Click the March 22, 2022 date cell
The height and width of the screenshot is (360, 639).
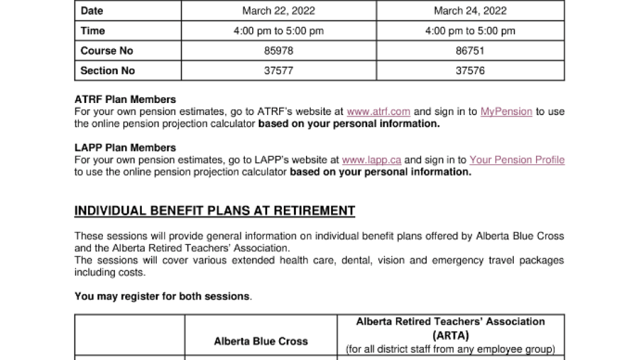[x=278, y=11]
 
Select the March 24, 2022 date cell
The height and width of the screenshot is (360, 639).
[x=470, y=11]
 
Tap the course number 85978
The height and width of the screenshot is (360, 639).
[x=278, y=50]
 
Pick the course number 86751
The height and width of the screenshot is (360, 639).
[x=470, y=50]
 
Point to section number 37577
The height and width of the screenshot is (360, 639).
[x=278, y=71]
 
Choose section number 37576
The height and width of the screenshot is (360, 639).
[x=470, y=71]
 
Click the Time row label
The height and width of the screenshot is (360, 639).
[x=93, y=31]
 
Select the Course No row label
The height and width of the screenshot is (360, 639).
[x=107, y=50]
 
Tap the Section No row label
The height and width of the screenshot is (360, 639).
[x=108, y=71]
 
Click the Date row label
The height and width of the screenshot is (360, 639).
[x=92, y=11]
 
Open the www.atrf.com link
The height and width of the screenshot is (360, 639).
[x=378, y=112]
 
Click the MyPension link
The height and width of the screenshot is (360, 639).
[x=506, y=112]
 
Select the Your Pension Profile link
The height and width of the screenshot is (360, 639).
[x=517, y=160]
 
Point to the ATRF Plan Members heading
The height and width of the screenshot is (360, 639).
[x=125, y=100]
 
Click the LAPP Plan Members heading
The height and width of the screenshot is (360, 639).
[x=125, y=148]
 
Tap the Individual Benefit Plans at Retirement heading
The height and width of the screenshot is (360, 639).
[x=215, y=211]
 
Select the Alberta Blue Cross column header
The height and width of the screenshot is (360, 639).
[x=261, y=341]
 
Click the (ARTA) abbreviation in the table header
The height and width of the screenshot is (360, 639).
[x=451, y=335]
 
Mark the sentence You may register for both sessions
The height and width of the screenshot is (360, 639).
[x=163, y=296]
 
